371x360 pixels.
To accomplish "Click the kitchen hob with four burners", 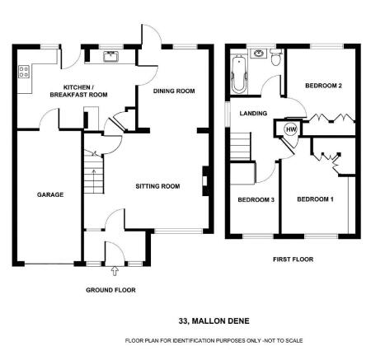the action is pos(23,72).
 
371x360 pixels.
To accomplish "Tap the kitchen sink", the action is pos(111,56).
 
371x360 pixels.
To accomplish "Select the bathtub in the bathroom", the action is pos(239,74).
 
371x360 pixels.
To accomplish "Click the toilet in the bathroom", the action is pos(275,57).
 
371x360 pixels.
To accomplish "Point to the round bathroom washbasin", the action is pos(258,54).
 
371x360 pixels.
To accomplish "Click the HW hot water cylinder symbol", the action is pos(291,129).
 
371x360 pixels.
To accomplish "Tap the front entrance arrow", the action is pos(115,271).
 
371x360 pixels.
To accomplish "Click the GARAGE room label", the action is pos(50,194).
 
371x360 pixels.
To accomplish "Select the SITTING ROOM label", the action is pos(157,186).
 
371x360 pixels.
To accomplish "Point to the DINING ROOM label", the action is pos(174,91).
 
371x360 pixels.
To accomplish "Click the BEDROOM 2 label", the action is pos(323,86).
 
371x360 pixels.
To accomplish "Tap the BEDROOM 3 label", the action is pos(256,199).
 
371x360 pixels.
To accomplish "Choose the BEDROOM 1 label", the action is pos(315,199).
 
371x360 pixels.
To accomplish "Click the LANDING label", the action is pos(253,113).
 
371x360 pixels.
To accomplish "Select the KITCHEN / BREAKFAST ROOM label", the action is pos(78,91).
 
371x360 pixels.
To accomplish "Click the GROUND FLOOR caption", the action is pos(110,290).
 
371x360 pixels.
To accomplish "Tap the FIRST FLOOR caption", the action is pos(294,259).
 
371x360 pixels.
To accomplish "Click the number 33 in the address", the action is pos(183,320).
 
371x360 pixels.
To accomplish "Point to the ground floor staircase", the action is pos(94,174).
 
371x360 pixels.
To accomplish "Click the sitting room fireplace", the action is pos(205,181).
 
